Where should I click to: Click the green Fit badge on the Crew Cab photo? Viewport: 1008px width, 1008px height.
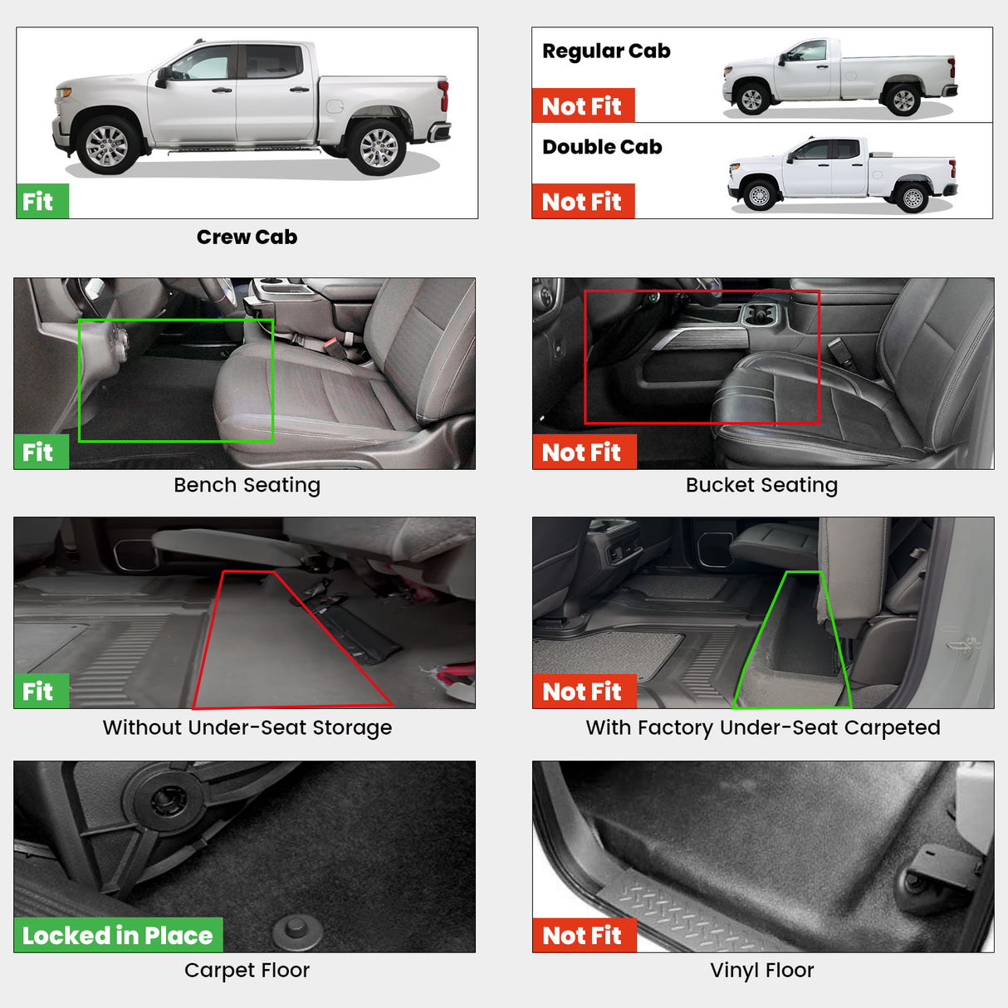click(x=42, y=202)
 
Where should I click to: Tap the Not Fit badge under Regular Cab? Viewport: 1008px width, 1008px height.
click(x=582, y=106)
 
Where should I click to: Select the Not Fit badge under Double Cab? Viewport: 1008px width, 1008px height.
click(x=582, y=202)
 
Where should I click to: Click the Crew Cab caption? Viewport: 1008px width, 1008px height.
click(x=247, y=237)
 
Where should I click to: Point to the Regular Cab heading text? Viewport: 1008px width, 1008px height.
click(x=606, y=51)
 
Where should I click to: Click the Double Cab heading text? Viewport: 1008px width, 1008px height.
click(x=602, y=148)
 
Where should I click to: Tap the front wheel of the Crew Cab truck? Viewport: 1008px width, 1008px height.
click(x=107, y=145)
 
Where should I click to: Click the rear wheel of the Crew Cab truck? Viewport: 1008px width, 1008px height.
click(x=378, y=146)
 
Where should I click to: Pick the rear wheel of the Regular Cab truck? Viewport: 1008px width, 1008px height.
click(x=903, y=100)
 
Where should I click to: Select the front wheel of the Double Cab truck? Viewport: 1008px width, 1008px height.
click(x=759, y=196)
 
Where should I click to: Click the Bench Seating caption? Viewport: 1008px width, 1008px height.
click(x=247, y=485)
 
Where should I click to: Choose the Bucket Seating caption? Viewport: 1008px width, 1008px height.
click(x=761, y=485)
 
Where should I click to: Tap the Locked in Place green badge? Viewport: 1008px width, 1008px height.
click(x=118, y=936)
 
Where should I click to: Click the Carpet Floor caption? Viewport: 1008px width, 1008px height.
click(x=247, y=971)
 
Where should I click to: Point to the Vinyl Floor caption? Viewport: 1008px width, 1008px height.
click(x=761, y=971)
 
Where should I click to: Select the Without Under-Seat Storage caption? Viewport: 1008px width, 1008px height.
click(x=247, y=728)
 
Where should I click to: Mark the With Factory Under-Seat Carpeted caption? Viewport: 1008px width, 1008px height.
click(x=762, y=728)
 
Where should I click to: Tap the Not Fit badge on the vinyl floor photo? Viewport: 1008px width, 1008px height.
click(x=583, y=936)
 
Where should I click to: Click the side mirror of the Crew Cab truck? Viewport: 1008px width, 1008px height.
click(x=163, y=76)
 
